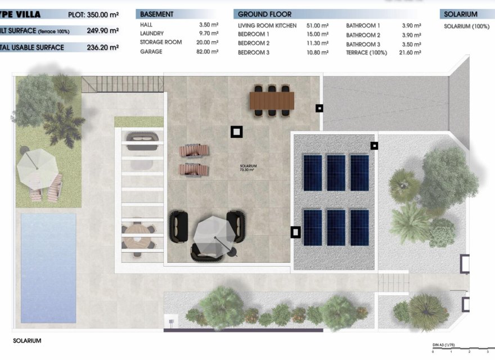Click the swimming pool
(x=48, y=267)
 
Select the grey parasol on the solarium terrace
(x=214, y=235)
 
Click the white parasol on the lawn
(x=37, y=167)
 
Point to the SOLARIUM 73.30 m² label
(x=248, y=168)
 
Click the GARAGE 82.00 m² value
(x=208, y=52)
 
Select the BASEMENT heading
(x=157, y=14)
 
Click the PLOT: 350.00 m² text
(x=93, y=15)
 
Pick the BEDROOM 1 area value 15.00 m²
(x=317, y=34)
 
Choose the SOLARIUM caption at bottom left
(x=27, y=341)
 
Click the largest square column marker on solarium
(x=237, y=132)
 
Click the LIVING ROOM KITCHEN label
(x=267, y=25)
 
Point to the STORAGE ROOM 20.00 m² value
(x=208, y=43)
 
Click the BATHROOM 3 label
(x=363, y=44)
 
